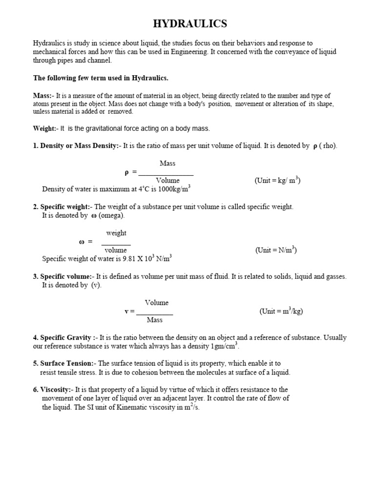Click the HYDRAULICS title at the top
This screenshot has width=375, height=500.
[190, 23]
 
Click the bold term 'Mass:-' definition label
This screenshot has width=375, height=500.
[43, 96]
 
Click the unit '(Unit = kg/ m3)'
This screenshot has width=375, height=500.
[277, 181]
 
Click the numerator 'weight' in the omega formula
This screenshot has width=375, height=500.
[116, 233]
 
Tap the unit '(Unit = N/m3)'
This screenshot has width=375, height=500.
[276, 250]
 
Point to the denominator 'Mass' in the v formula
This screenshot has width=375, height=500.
[154, 320]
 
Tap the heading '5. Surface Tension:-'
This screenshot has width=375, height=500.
[65, 363]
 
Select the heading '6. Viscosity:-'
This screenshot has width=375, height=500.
[54, 390]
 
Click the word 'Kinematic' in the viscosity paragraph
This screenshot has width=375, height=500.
[132, 407]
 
